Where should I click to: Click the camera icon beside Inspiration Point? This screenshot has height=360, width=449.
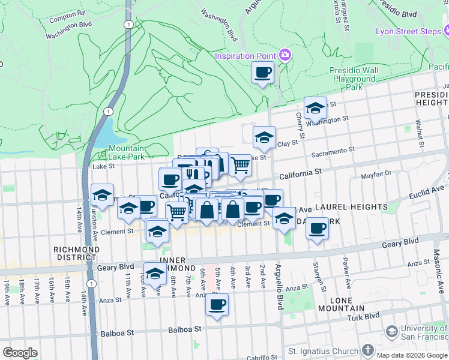point(285,56)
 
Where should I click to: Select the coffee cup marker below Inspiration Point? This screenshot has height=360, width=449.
point(262,73)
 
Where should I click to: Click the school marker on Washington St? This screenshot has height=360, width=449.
point(315,109)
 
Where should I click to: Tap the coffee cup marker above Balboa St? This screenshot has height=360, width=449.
point(217,304)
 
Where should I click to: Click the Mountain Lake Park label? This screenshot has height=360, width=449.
point(127,152)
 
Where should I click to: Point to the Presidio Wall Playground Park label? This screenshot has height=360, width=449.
point(354,79)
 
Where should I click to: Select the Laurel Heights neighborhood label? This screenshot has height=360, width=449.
point(354,207)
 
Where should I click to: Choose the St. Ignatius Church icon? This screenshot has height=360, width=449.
point(368,350)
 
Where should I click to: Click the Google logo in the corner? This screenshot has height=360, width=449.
point(20,353)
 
